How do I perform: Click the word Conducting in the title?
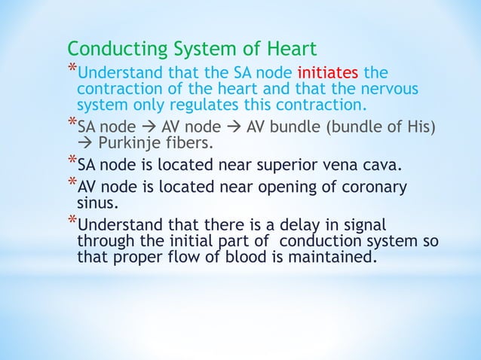point(115,50)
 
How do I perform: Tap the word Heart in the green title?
point(290,50)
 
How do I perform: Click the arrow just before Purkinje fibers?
point(85,142)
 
